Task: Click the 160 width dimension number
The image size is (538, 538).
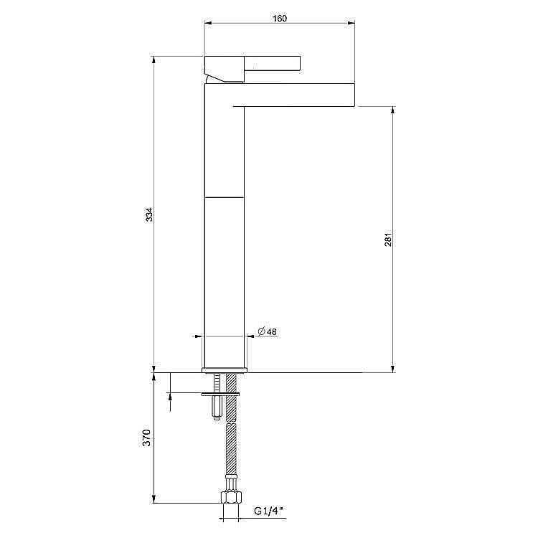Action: click(x=280, y=19)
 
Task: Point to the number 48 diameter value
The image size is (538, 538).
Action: click(x=273, y=331)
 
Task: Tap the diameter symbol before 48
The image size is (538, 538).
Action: click(x=261, y=331)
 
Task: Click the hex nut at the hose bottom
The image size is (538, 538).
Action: click(x=232, y=497)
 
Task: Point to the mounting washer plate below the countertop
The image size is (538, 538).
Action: click(x=220, y=393)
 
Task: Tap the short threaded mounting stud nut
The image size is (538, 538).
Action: click(x=216, y=412)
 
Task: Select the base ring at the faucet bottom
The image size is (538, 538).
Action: click(x=225, y=369)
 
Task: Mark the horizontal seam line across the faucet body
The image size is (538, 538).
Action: click(x=225, y=196)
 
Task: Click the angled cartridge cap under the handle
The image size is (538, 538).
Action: click(x=222, y=74)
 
